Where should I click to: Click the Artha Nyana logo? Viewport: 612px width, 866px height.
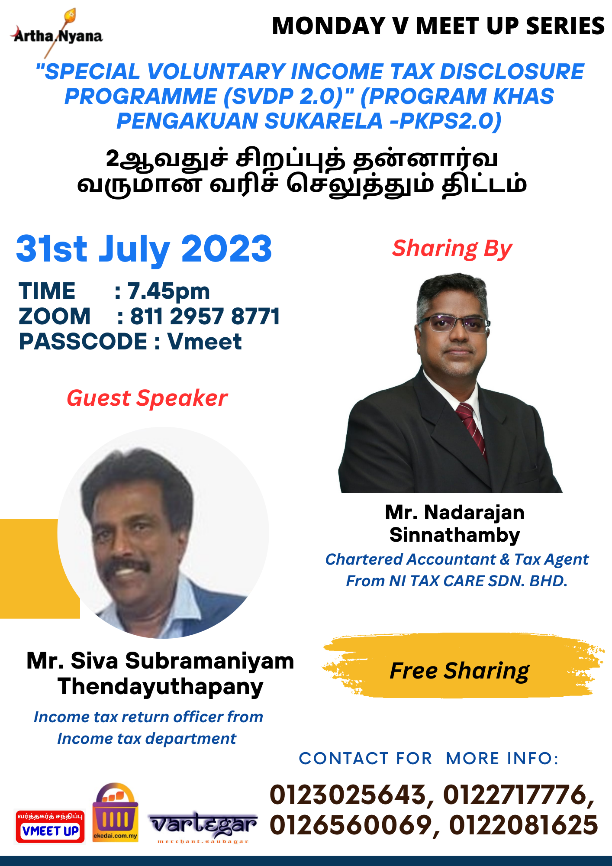(57, 33)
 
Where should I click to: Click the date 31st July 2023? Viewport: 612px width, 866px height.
(144, 250)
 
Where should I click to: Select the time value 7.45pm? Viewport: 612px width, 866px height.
(168, 291)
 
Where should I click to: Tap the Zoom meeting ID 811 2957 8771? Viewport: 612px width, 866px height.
(205, 316)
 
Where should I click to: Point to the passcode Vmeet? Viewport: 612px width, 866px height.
(204, 342)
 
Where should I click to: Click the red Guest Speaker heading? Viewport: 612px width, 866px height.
(147, 398)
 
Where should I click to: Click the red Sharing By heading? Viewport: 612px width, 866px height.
(452, 249)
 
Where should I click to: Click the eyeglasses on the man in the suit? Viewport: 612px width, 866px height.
(454, 323)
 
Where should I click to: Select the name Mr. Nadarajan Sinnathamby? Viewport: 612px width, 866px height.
(455, 523)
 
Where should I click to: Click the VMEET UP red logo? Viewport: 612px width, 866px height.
(50, 827)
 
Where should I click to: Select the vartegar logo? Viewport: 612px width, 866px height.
(203, 827)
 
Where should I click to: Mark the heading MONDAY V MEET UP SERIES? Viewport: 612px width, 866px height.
(438, 26)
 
